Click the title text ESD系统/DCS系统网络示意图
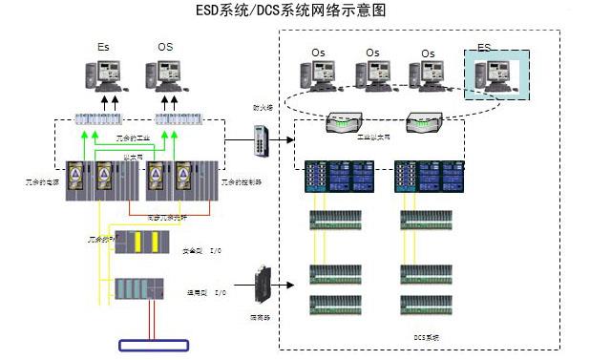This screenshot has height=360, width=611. point(305,11)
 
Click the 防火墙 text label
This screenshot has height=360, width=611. point(263,109)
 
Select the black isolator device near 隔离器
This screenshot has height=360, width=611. point(263,284)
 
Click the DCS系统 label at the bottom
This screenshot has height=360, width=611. point(426,337)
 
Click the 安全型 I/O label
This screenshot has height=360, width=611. point(202,250)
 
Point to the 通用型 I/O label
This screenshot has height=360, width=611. point(206,292)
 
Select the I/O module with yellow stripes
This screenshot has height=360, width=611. point(141,242)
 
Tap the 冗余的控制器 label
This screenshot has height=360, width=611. point(242,181)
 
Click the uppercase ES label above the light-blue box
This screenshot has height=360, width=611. point(485,48)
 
